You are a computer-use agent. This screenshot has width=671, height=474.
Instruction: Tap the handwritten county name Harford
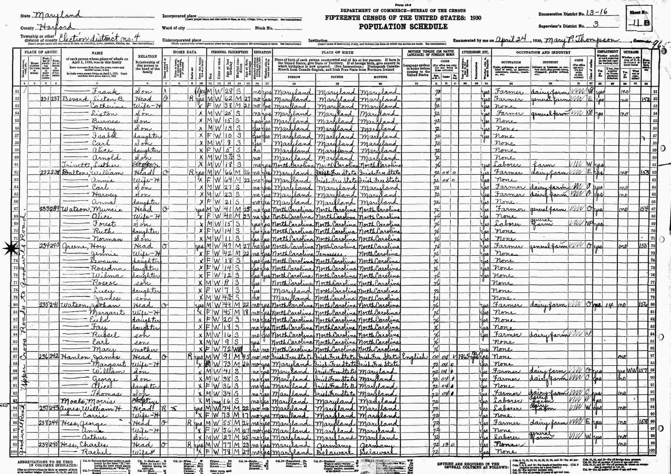tap(55, 27)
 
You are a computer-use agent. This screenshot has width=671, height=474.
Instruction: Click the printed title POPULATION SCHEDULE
tap(403, 27)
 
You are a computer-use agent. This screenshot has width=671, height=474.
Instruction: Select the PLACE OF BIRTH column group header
tap(337, 53)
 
